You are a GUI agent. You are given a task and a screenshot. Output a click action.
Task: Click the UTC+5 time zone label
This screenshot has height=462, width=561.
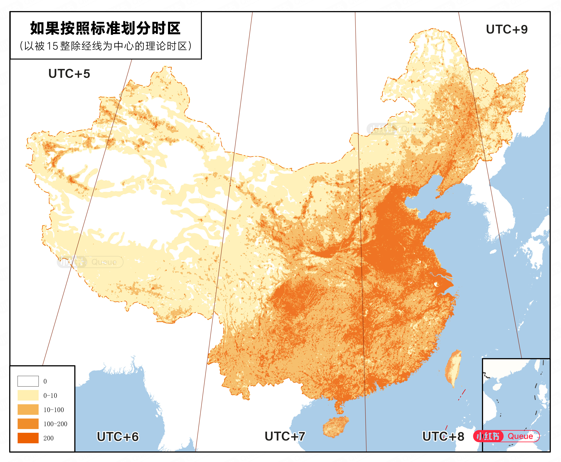tap(69, 74)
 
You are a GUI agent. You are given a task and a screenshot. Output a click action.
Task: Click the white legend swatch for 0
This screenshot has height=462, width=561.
tap(28, 381)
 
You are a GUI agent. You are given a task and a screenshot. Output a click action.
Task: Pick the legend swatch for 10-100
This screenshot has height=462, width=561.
tap(28, 410)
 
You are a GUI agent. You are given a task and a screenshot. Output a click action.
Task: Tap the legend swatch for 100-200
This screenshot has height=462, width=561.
tap(28, 424)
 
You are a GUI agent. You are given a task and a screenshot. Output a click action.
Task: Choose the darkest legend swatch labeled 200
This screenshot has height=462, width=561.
tap(28, 438)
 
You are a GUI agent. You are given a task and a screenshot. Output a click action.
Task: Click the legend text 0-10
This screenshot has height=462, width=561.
tap(50, 396)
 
